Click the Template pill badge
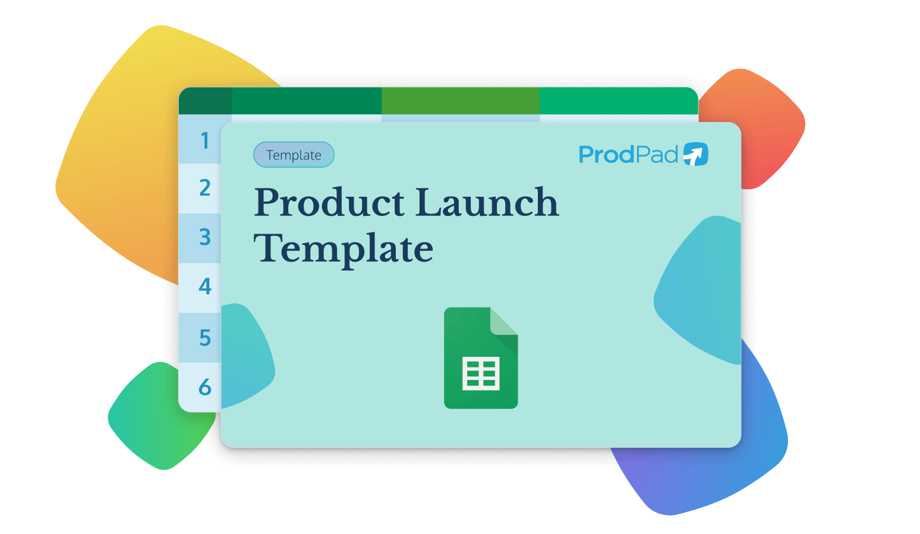(294, 155)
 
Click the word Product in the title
(330, 203)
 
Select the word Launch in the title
(487, 203)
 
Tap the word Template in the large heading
(344, 249)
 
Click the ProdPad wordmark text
(628, 155)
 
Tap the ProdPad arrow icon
(695, 154)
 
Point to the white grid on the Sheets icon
(481, 373)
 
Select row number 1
(205, 141)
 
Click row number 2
(205, 188)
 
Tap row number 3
(205, 237)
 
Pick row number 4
(205, 287)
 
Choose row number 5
(205, 338)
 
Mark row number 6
(205, 387)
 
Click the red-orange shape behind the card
(767, 125)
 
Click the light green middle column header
(460, 100)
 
